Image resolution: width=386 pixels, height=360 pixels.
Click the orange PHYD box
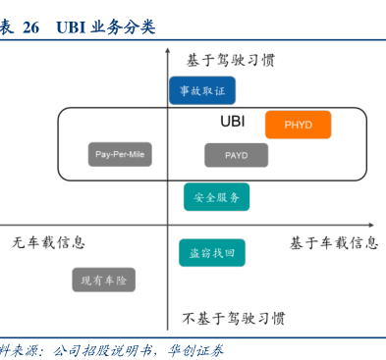298,125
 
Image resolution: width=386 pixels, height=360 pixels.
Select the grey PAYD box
237,155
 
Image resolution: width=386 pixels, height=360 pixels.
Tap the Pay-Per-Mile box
120,154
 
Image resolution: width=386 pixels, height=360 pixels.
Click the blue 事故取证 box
202,90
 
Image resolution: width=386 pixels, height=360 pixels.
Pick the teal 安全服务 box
216,197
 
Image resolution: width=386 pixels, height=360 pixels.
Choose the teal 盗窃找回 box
212,253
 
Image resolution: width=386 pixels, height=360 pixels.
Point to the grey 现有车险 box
103,280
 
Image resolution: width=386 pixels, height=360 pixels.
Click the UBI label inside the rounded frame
233,122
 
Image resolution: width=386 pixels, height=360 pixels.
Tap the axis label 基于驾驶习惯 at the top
231,61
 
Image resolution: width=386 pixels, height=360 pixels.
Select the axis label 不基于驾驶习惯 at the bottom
234,318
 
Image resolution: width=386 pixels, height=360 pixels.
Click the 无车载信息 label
48,242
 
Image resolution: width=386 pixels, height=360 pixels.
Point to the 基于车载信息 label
334,243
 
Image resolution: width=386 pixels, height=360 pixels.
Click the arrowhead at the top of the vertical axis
168,50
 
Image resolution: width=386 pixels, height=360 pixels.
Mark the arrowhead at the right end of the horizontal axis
371,225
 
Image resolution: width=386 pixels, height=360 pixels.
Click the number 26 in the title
30,27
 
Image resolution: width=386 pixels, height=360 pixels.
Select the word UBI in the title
71,27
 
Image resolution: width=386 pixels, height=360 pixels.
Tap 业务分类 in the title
123,26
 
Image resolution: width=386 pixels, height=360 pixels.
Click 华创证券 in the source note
195,350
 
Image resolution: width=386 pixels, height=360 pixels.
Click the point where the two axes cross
168,225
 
